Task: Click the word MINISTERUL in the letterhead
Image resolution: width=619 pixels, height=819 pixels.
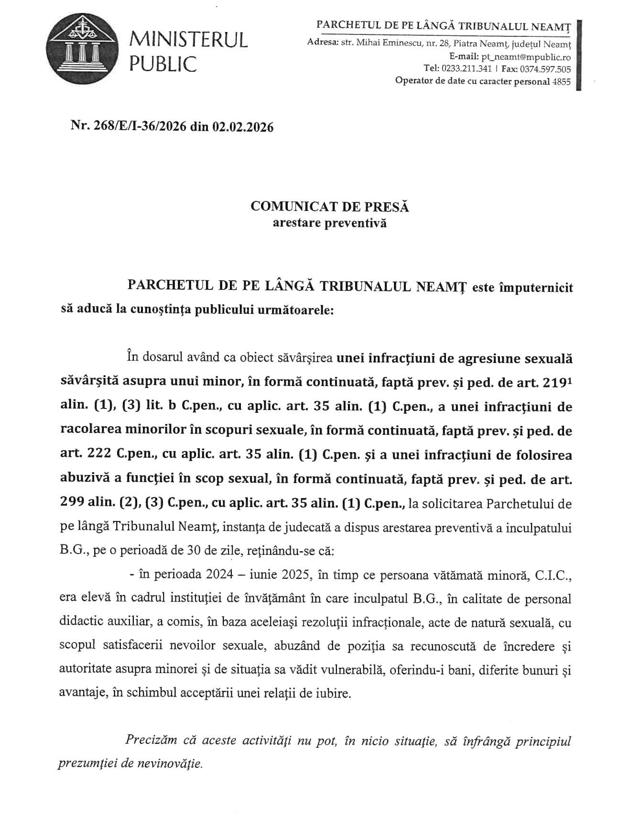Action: [189, 40]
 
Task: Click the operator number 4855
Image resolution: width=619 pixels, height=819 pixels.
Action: [561, 81]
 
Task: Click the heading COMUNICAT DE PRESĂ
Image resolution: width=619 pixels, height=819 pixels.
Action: [330, 207]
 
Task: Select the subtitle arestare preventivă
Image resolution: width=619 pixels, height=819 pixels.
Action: [329, 222]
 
